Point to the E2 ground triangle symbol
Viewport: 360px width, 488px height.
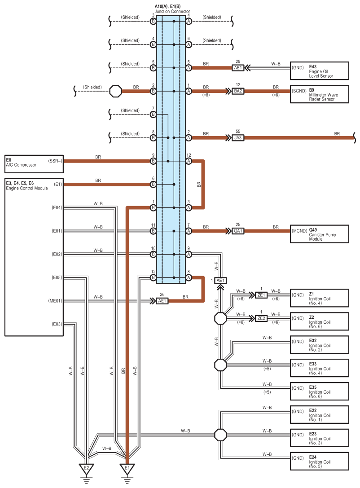[86, 469]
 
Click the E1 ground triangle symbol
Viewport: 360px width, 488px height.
[127, 469]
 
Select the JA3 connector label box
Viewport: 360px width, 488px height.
[238, 137]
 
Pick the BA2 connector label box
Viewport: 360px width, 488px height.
[238, 91]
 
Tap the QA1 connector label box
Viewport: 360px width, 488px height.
[238, 231]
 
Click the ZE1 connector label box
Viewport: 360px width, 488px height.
[261, 295]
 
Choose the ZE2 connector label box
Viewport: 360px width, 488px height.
[261, 318]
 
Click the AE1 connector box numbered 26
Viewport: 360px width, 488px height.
[162, 301]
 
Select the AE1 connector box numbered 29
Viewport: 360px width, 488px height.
[238, 68]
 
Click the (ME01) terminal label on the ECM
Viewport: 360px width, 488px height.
[55, 301]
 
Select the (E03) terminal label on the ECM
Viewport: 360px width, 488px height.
[57, 324]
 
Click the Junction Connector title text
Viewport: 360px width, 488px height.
[172, 12]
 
